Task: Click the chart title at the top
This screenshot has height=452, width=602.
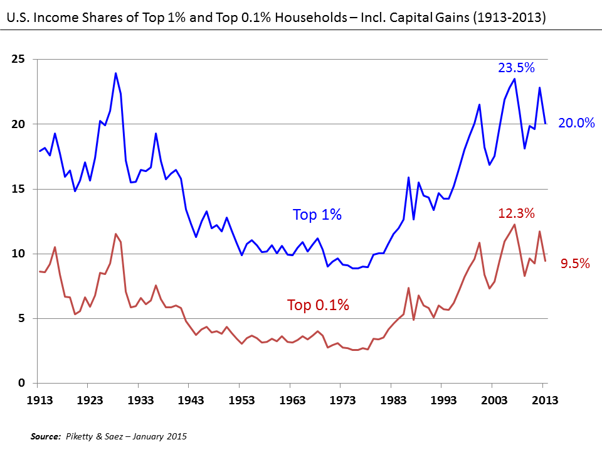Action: pos(276,19)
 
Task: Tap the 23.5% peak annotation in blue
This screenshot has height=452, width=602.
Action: pos(516,68)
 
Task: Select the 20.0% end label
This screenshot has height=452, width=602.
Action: pos(576,123)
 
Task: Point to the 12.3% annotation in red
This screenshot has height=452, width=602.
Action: pos(516,213)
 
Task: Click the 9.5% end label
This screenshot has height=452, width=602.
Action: pos(575,264)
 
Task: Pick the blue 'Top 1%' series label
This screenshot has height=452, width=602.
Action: pos(317,215)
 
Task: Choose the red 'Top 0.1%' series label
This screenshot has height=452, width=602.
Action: pos(318,306)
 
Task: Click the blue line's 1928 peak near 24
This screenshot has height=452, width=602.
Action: pos(115,73)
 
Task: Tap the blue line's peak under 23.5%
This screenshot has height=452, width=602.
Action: pos(515,79)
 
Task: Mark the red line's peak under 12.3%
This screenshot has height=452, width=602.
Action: pos(515,225)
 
